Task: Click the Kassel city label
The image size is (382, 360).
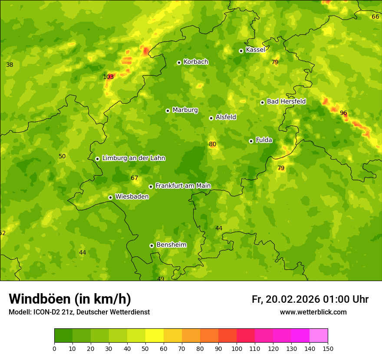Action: (255, 50)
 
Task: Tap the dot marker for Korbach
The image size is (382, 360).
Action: (179, 62)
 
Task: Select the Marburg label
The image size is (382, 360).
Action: (185, 110)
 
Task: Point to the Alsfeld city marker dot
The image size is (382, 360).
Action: (211, 118)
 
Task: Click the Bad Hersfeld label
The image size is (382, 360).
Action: (286, 101)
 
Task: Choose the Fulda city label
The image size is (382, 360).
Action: (264, 140)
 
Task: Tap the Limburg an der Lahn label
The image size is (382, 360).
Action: (134, 158)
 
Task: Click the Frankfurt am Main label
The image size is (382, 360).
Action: (183, 186)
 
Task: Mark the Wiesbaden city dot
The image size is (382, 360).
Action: (110, 197)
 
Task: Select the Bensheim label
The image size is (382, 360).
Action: (171, 245)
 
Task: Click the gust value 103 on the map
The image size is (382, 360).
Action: (109, 77)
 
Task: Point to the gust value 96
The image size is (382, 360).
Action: (343, 113)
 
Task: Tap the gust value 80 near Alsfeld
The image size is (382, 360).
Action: (212, 144)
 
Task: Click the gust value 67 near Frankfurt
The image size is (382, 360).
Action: (135, 178)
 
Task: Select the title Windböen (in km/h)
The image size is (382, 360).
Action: (70, 299)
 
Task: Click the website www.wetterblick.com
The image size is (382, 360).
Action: (313, 312)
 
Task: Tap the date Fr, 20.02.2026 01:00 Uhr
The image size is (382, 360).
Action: (310, 299)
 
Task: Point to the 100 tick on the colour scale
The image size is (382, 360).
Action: (237, 348)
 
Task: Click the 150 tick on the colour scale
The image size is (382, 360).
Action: (328, 348)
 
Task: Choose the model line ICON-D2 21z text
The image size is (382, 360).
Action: (79, 312)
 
